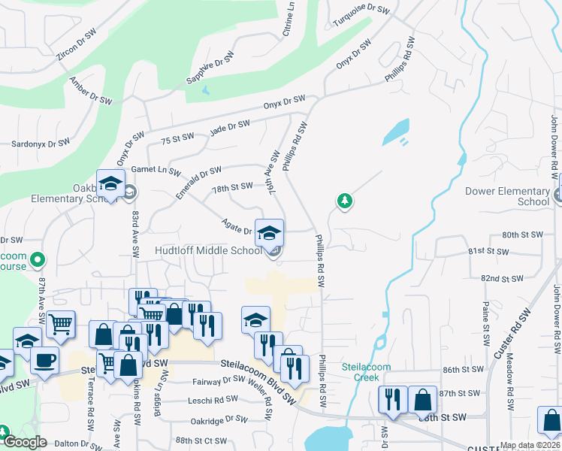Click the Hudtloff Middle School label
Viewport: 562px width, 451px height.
pos(209,251)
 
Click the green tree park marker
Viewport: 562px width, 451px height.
pos(345,201)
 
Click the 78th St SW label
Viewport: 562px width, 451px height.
pos(232,186)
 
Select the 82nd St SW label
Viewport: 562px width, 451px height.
pos(502,279)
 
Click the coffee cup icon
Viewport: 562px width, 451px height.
pos(44,359)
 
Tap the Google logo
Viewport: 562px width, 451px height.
pos(25,442)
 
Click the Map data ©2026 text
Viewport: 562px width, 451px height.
pos(530,445)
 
